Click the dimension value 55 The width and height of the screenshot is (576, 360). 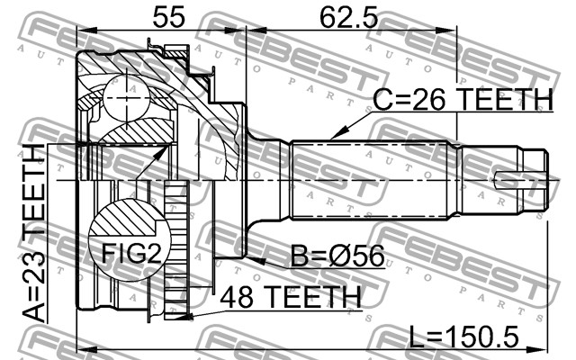click(x=169, y=16)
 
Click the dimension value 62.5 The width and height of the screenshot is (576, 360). click(x=348, y=16)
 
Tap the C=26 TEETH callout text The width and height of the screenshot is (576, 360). click(x=463, y=99)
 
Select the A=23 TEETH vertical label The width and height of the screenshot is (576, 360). click(x=34, y=234)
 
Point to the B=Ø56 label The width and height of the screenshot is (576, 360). click(x=337, y=256)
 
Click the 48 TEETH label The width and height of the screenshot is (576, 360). click(x=290, y=297)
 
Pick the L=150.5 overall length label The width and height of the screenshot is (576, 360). click(x=464, y=337)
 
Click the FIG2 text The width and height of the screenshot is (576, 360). click(x=131, y=253)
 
